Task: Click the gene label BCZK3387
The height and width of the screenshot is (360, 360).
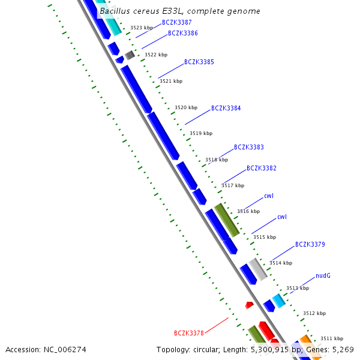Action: coord(176,22)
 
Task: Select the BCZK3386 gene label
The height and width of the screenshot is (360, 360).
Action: coord(182,33)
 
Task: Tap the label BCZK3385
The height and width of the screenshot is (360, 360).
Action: coord(199,62)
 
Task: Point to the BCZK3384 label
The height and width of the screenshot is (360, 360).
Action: coord(226,109)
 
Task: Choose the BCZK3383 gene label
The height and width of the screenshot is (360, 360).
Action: coord(248,147)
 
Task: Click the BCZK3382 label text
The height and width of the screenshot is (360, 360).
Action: coord(261,168)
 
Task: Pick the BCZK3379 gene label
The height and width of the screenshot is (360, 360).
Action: coord(310,244)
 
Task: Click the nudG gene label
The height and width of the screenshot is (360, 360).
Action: coord(323,275)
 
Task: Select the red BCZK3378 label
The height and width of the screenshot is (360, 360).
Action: coord(188,333)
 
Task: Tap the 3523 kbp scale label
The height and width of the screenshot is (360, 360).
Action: coord(141,28)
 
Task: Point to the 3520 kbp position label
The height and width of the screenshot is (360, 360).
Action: coord(185,107)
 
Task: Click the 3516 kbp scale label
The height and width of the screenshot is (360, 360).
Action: coord(248,211)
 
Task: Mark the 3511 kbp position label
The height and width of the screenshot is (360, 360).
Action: coord(331,338)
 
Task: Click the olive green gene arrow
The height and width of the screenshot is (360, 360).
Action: coord(227,219)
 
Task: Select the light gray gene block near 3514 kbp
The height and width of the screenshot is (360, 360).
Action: coord(258,269)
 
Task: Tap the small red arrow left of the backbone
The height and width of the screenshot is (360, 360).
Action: coord(249,305)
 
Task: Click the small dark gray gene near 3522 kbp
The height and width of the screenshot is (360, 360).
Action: coord(130,55)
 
